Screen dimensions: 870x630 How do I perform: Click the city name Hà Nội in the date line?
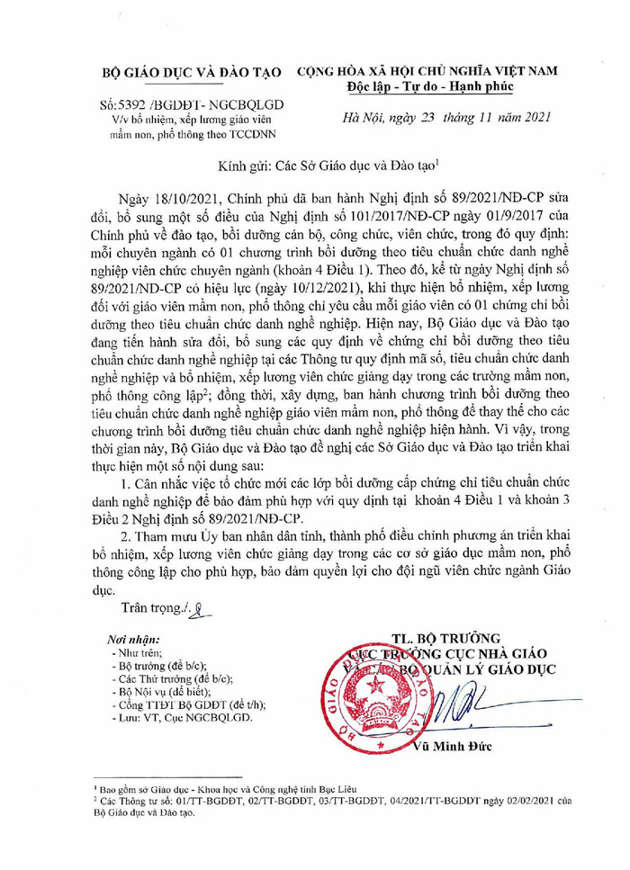364,117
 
